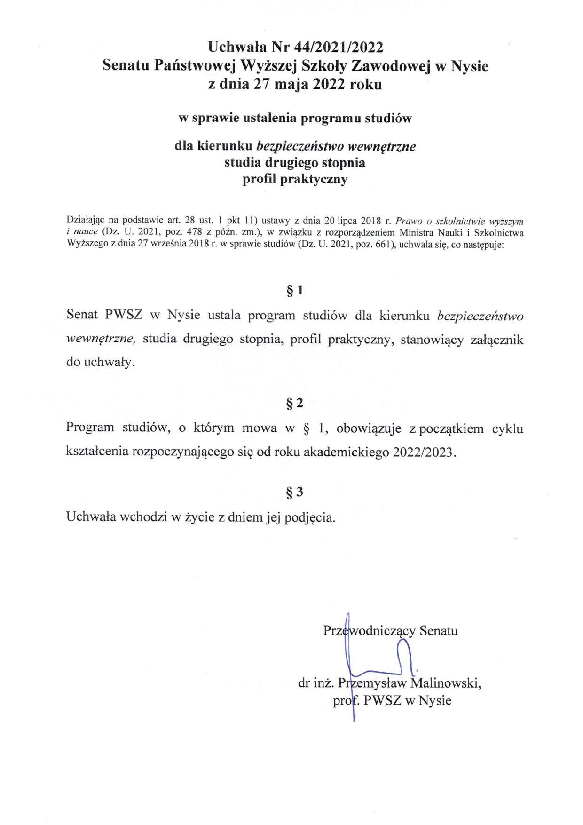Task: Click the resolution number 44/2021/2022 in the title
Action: pyautogui.click(x=339, y=47)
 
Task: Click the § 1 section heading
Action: pyautogui.click(x=295, y=291)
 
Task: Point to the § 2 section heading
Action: pyautogui.click(x=295, y=403)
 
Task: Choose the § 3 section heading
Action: pyautogui.click(x=295, y=492)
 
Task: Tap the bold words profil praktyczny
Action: pyautogui.click(x=295, y=179)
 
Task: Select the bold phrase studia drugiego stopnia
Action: pyautogui.click(x=295, y=163)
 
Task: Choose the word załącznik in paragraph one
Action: pyautogui.click(x=497, y=340)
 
